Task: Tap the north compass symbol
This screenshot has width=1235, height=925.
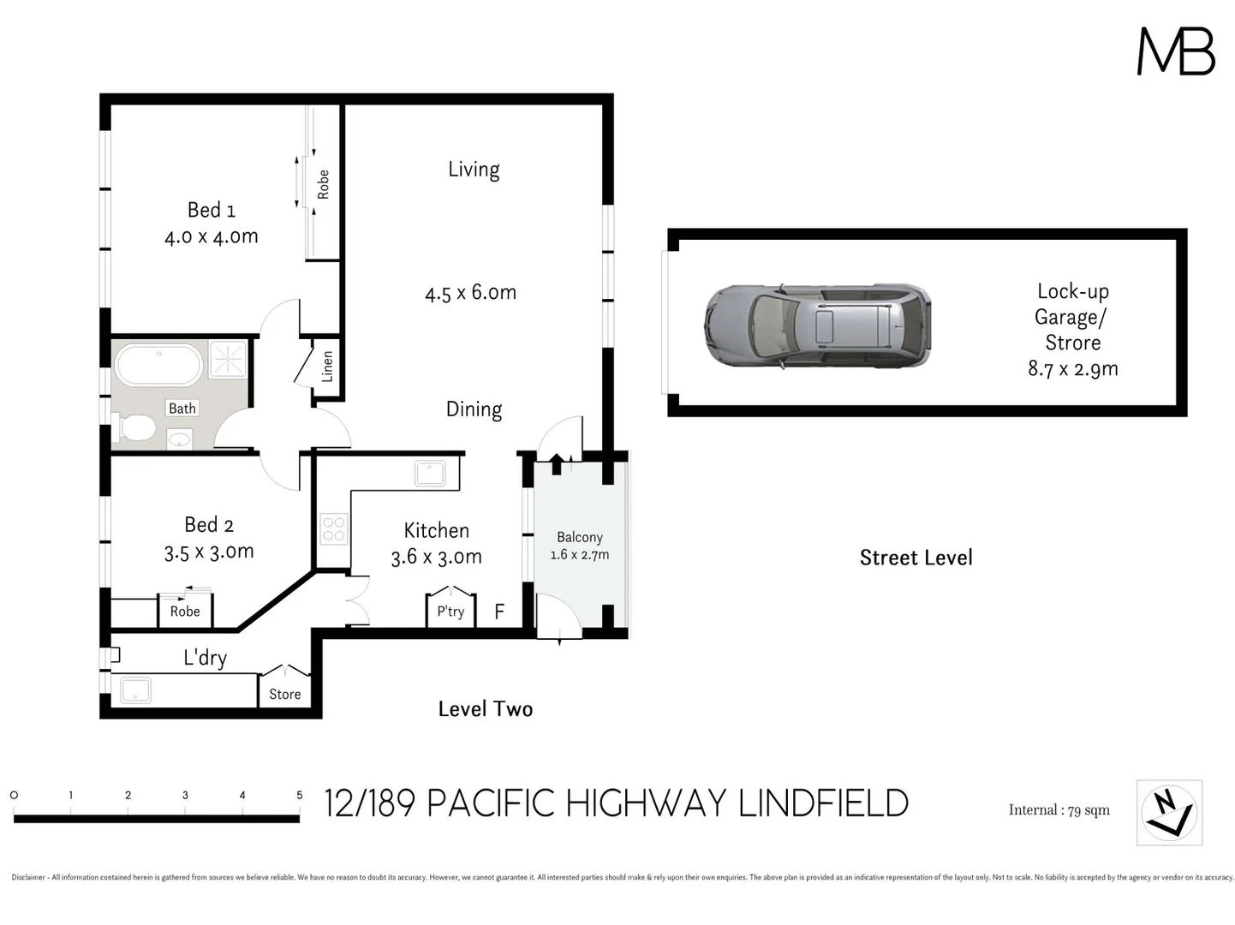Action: click(1169, 812)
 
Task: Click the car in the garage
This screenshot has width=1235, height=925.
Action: click(817, 326)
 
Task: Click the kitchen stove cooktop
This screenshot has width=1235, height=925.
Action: click(333, 529)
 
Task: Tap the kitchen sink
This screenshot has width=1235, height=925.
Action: click(429, 473)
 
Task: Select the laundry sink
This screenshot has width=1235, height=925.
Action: click(135, 690)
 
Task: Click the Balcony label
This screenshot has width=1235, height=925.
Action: click(580, 537)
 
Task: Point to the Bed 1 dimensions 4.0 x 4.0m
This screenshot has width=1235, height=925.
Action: click(212, 236)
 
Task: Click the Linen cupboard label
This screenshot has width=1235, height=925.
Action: click(327, 367)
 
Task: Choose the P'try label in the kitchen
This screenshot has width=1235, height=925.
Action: click(450, 611)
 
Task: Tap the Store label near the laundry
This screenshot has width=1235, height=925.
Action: click(284, 694)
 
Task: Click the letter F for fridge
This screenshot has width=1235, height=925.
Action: click(499, 612)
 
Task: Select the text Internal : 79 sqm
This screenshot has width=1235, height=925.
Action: click(1059, 810)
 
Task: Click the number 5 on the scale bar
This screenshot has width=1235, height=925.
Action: click(299, 795)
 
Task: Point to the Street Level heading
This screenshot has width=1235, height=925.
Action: click(916, 558)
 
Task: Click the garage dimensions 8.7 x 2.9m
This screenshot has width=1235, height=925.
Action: click(1072, 369)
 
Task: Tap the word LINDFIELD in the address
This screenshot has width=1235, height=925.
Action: click(823, 803)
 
